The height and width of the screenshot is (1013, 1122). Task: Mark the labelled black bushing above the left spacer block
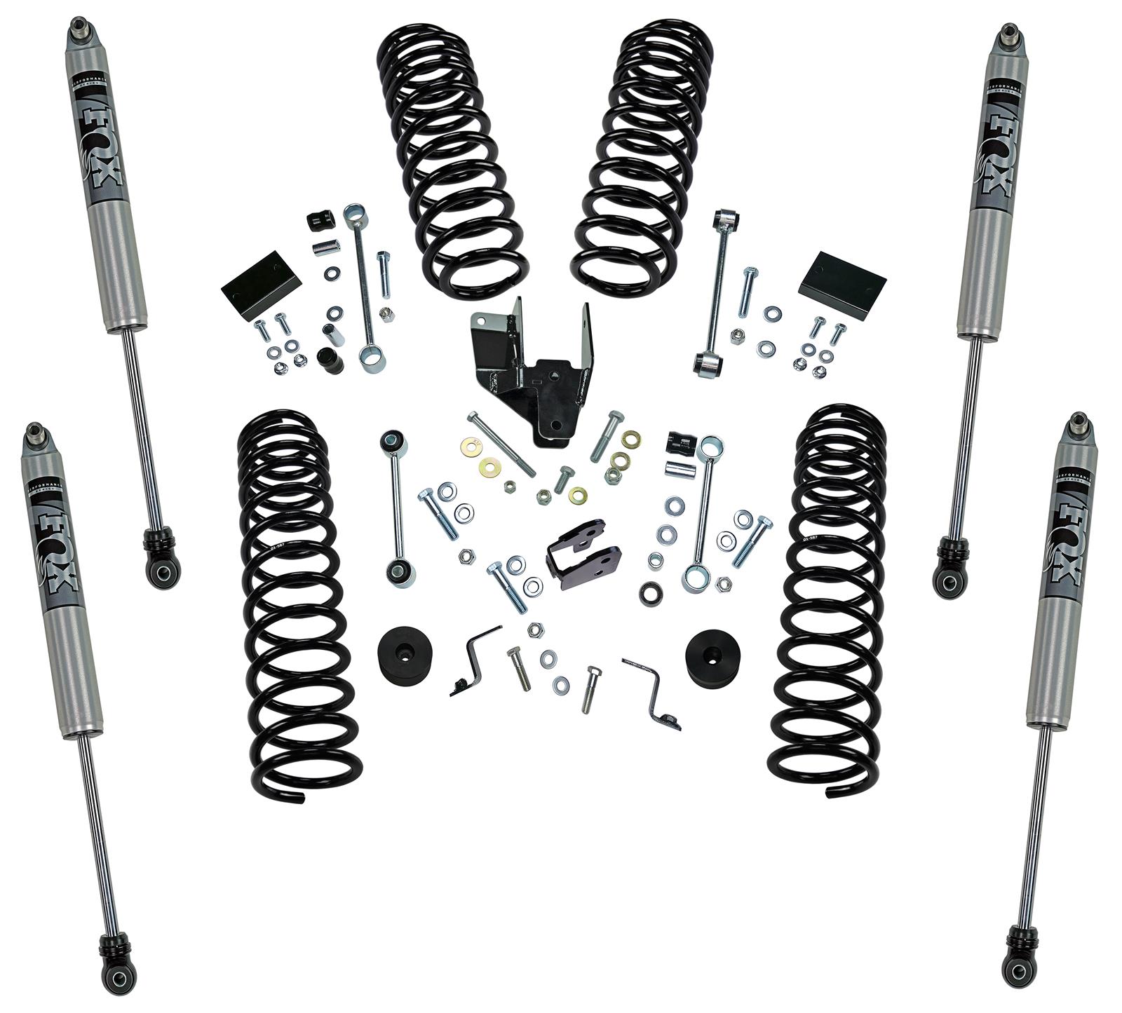[320, 221]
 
